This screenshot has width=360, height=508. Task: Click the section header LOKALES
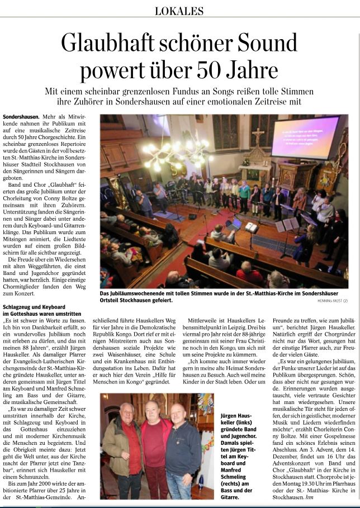pos(179,11)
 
